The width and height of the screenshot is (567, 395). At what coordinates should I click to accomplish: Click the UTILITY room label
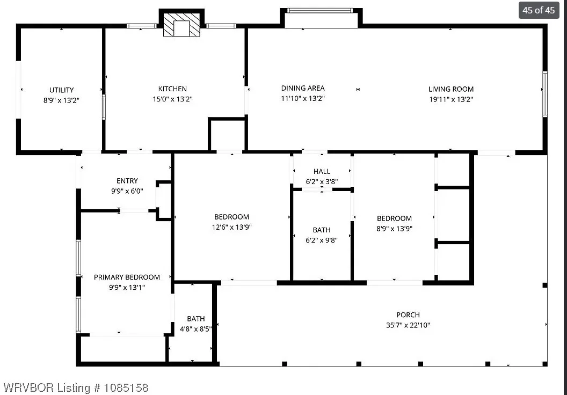[61, 90]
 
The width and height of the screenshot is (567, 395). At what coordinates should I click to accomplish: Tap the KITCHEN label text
[172, 89]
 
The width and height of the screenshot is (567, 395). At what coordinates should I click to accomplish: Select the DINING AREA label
[303, 88]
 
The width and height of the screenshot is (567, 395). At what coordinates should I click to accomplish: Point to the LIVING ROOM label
[451, 89]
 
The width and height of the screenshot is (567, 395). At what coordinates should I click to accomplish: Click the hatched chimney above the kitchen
[181, 25]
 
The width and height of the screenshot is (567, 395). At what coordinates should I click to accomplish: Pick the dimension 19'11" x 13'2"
[451, 99]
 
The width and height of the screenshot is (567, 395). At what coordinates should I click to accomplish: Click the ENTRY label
[127, 181]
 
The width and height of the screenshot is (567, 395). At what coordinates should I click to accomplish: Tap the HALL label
[322, 172]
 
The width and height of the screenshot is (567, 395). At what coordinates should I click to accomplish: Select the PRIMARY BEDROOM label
[127, 277]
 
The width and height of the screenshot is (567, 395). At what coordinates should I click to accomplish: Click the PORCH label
[408, 315]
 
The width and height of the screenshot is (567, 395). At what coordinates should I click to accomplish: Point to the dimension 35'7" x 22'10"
[408, 325]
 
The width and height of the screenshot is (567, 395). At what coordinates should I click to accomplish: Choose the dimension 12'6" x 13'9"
[232, 228]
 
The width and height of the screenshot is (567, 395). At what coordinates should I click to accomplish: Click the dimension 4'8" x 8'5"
[195, 329]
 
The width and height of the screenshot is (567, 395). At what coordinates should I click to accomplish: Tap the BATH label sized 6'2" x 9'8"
[322, 230]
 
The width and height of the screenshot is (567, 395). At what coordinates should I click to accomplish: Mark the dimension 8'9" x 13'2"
[61, 100]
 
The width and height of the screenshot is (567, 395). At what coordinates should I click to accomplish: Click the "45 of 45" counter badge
[539, 10]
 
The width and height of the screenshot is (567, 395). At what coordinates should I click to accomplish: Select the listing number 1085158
[126, 388]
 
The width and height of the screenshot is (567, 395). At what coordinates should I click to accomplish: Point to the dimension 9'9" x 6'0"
[127, 191]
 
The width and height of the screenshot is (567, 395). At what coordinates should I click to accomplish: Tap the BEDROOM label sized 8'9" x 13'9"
[394, 218]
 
